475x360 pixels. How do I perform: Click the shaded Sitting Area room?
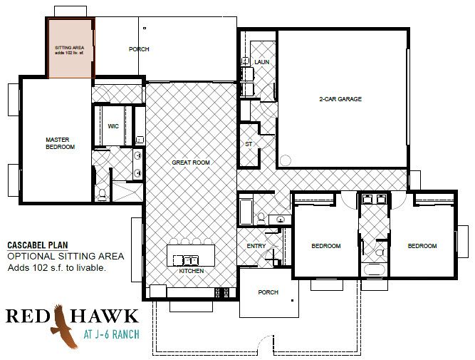(x=71, y=48)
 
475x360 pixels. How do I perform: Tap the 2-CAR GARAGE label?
(x=340, y=99)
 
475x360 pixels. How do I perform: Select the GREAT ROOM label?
(x=191, y=163)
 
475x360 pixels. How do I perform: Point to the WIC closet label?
(x=113, y=126)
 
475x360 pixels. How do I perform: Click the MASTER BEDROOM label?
(x=60, y=143)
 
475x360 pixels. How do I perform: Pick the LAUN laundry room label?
(x=262, y=62)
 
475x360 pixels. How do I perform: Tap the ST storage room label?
(x=249, y=144)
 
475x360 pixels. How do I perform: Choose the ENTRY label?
(x=256, y=246)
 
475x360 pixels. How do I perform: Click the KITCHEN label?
(x=191, y=271)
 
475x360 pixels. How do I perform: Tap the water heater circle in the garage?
(x=285, y=160)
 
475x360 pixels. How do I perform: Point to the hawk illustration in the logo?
(x=63, y=326)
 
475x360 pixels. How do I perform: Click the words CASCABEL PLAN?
(x=38, y=245)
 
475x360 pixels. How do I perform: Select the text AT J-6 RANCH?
(x=112, y=334)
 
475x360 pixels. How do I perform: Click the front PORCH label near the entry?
(x=268, y=292)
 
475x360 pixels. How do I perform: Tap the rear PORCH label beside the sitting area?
(x=139, y=49)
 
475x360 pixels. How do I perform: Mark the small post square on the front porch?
(x=292, y=301)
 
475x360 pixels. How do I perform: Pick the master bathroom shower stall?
(x=127, y=191)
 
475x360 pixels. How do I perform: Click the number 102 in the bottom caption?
(x=38, y=268)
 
